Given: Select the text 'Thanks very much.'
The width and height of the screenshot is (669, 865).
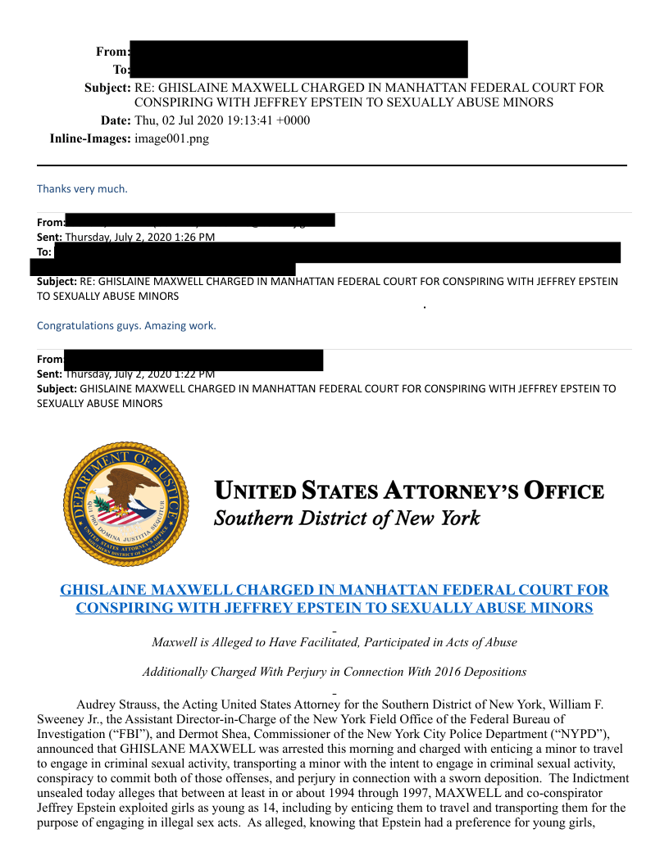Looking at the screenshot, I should [x=82, y=189].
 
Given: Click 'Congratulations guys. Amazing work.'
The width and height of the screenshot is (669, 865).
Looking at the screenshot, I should [x=126, y=326].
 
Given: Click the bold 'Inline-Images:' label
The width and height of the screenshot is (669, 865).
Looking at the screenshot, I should [x=90, y=139].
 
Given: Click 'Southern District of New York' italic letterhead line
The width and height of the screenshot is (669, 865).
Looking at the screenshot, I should [x=347, y=519].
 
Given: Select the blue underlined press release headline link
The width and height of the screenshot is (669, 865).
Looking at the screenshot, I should [x=334, y=599].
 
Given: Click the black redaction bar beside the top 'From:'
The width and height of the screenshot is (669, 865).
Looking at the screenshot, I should [x=298, y=50].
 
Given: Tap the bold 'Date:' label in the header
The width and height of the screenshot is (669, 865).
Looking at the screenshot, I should [x=116, y=121].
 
